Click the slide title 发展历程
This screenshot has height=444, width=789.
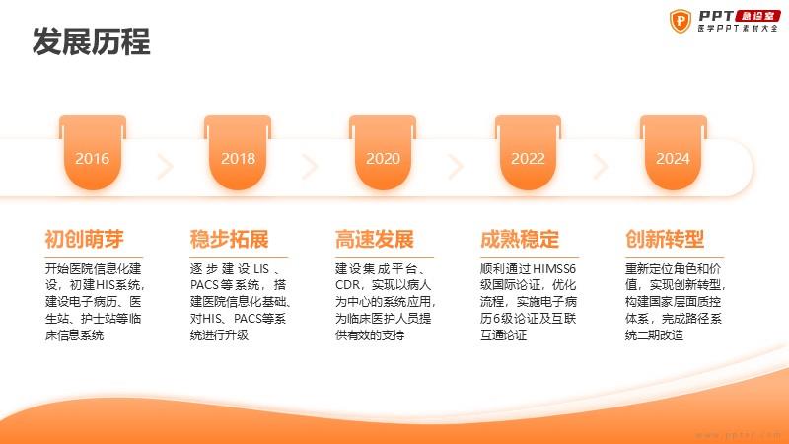pos(91,41)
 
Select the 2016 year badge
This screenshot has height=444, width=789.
pos(93,153)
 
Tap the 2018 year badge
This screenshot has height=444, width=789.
pos(238,153)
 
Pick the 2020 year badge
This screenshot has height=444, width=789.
pos(383,153)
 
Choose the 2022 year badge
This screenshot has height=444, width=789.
pos(528,153)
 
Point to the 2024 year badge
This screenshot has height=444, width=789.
pos(674,153)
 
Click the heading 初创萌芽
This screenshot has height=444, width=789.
pos(84,239)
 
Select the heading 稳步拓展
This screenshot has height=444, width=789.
pos(230,239)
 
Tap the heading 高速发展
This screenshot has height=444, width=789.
pos(375,239)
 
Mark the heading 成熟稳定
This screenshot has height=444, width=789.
pos(520,239)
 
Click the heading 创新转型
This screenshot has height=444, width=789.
pos(665,239)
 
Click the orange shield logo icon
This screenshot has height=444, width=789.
pos(681,21)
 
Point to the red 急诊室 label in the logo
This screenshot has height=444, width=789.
pos(757,16)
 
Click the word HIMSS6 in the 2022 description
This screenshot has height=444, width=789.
pos(554,269)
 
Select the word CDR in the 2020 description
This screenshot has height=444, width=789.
pos(348,285)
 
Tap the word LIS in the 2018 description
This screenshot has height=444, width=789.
pos(261,269)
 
